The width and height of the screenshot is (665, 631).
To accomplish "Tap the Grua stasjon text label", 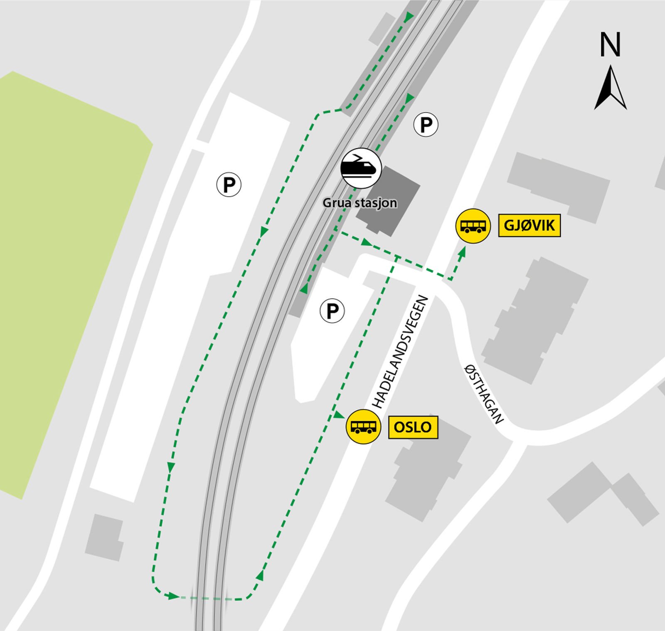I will (x=360, y=203).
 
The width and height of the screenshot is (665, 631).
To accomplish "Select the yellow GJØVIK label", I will (x=530, y=226).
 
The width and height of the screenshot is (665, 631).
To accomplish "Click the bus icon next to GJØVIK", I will (x=473, y=226).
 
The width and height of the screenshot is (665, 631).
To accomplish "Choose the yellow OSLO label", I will (x=413, y=427).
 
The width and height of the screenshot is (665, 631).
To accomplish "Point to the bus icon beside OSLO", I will (x=364, y=427).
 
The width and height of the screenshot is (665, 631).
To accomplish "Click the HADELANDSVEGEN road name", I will (x=399, y=352).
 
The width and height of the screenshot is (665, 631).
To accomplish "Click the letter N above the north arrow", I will (x=610, y=45).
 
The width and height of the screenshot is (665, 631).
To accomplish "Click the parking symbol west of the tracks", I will (x=229, y=184).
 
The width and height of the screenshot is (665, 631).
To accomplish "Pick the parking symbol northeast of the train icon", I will (x=426, y=124).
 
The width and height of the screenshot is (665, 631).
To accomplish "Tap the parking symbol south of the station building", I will (x=332, y=311).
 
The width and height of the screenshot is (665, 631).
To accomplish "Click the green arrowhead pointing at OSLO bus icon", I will (x=339, y=415).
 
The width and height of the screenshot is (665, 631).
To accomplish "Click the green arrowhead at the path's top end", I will (x=409, y=17).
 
